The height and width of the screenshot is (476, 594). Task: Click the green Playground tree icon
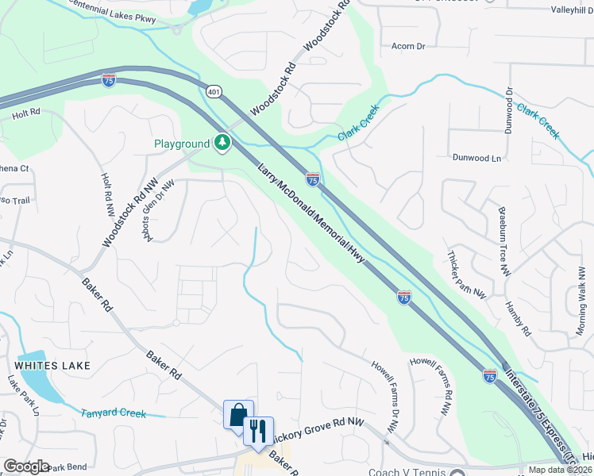pyautogui.click(x=223, y=143)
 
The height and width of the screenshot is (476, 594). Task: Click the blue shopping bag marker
pyautogui.click(x=237, y=415)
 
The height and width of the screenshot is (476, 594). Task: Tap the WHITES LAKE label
pyautogui.click(x=52, y=366)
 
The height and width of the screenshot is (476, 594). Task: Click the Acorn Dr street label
pyautogui.click(x=409, y=47)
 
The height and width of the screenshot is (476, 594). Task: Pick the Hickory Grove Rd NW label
pyautogui.click(x=317, y=431)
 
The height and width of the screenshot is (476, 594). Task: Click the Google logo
pyautogui.click(x=26, y=466)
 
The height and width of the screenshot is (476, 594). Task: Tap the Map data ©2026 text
pyautogui.click(x=560, y=470)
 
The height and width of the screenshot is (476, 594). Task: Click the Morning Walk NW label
pyautogui.click(x=581, y=293)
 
